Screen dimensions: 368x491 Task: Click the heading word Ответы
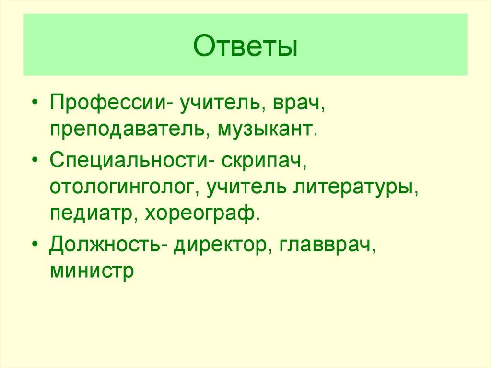point(245,48)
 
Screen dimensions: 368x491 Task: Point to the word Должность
point(105,245)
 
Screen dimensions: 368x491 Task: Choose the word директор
point(220,245)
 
